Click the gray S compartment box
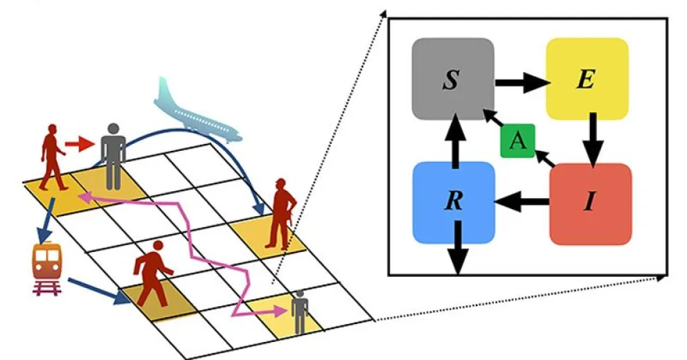click(452, 79)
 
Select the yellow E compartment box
click(587, 79)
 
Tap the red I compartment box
click(590, 204)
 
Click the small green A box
click(517, 141)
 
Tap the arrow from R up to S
click(454, 141)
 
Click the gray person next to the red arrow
click(112, 156)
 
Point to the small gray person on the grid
click(299, 311)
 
